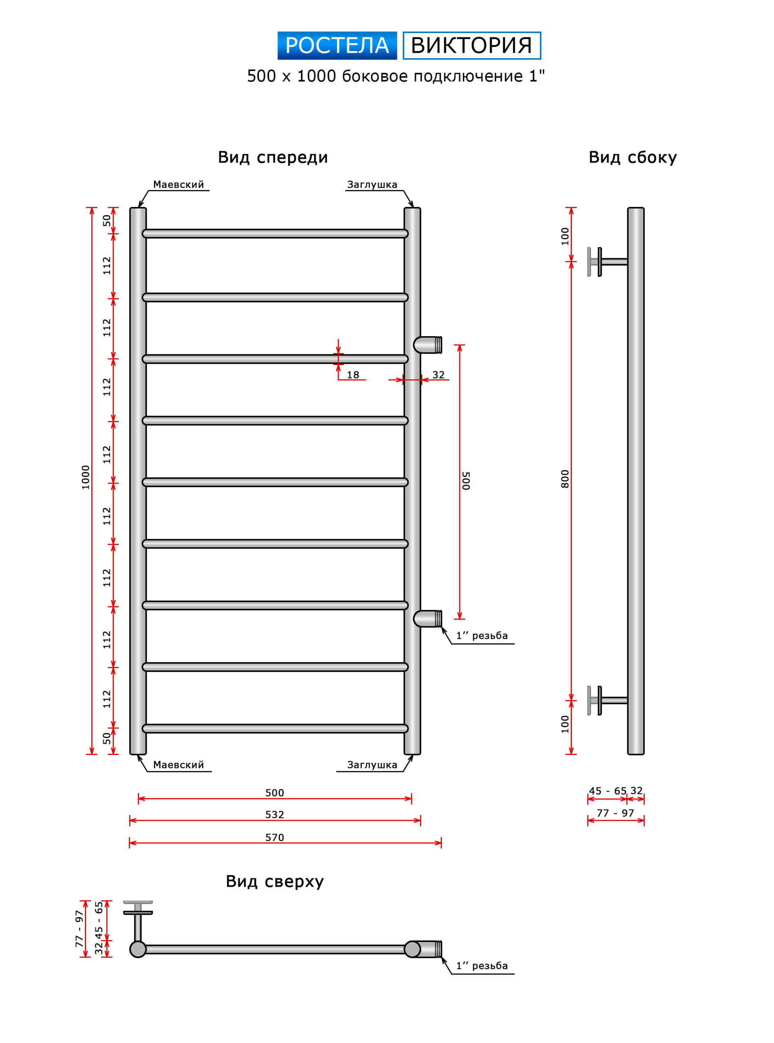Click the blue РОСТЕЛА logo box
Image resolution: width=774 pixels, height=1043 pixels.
click(x=337, y=46)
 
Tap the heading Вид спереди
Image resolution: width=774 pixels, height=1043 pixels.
click(x=273, y=157)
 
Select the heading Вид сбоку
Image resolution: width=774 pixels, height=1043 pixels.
click(x=633, y=157)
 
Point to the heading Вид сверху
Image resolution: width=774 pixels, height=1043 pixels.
click(x=275, y=881)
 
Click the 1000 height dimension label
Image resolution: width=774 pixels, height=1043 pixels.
click(x=85, y=477)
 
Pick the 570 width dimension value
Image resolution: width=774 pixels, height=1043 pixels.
click(x=275, y=837)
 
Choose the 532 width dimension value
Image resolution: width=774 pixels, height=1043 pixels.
click(x=275, y=814)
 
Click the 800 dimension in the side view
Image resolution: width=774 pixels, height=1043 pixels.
click(x=565, y=479)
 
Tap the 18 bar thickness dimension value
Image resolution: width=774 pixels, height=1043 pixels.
click(x=353, y=375)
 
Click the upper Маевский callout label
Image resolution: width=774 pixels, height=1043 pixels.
click(x=179, y=185)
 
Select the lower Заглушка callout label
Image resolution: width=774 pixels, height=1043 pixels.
click(x=372, y=765)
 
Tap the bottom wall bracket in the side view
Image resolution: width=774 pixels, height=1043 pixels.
click(x=607, y=701)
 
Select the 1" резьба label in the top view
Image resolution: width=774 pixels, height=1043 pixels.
click(x=482, y=966)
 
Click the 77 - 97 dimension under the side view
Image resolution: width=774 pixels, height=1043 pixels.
click(x=615, y=813)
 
